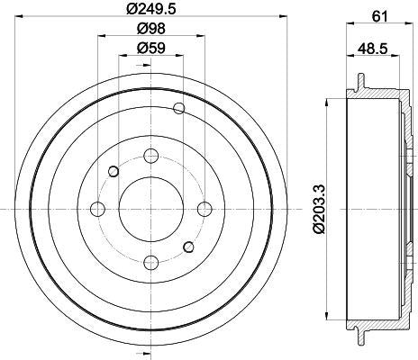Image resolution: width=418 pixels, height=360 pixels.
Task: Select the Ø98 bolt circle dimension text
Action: click(x=150, y=30)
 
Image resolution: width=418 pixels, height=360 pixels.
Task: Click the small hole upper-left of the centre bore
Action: click(x=114, y=171)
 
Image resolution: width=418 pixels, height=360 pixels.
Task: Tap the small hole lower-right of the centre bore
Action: click(x=186, y=247)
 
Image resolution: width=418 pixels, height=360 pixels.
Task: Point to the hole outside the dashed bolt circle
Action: click(x=178, y=110)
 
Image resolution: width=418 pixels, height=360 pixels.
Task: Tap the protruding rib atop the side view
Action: click(x=361, y=82)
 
